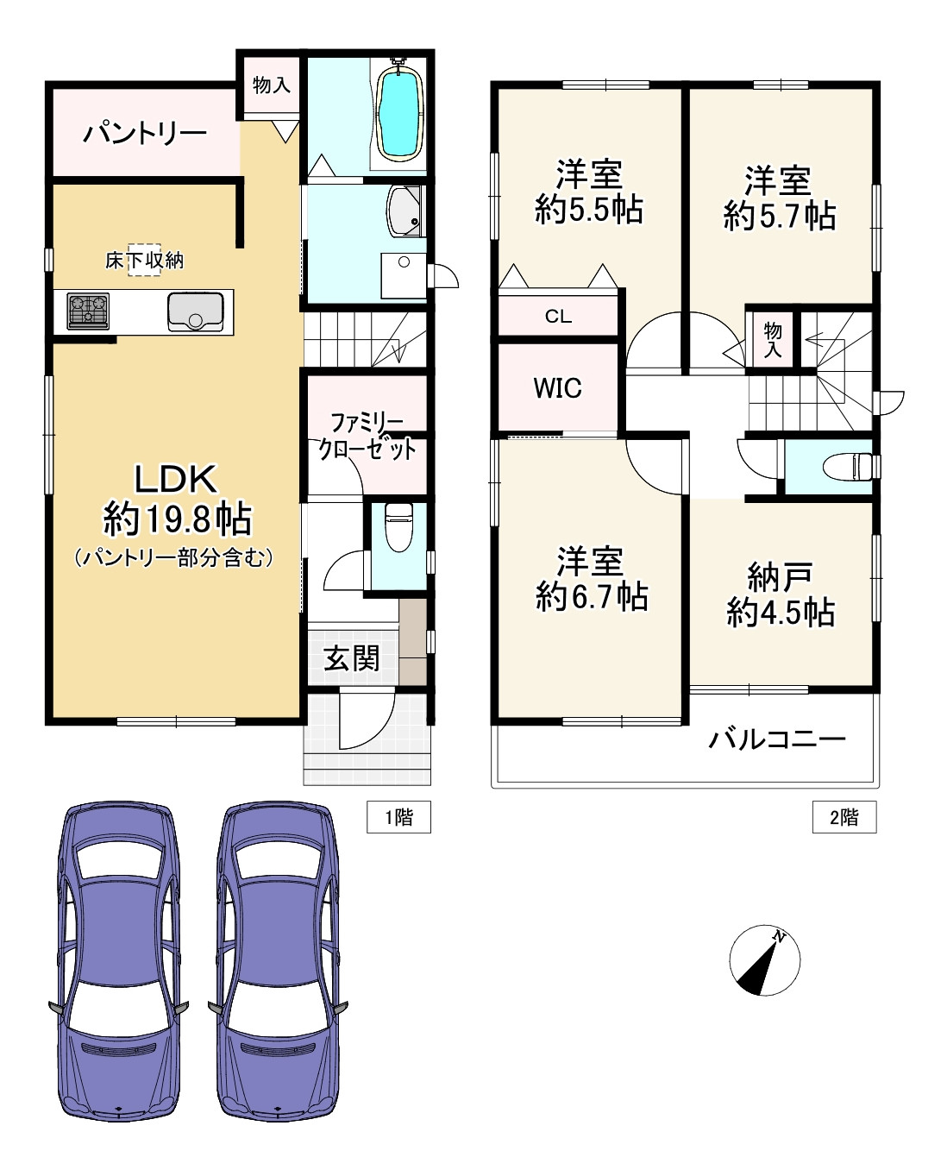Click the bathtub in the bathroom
pos(399,114)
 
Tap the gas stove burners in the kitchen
pos(88,311)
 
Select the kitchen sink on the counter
pos(196,311)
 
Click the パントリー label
pos(145,134)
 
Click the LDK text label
pos(175,479)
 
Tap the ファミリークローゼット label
pos(367,436)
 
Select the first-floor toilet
pos(398,528)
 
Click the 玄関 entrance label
pos(351,658)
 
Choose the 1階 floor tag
pos(398,817)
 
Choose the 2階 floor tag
pos(844,817)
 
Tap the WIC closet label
pos(557,388)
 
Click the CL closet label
pos(558,317)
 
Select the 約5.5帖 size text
pos(589,211)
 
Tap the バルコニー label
pos(777,739)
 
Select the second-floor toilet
pos(850,467)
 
